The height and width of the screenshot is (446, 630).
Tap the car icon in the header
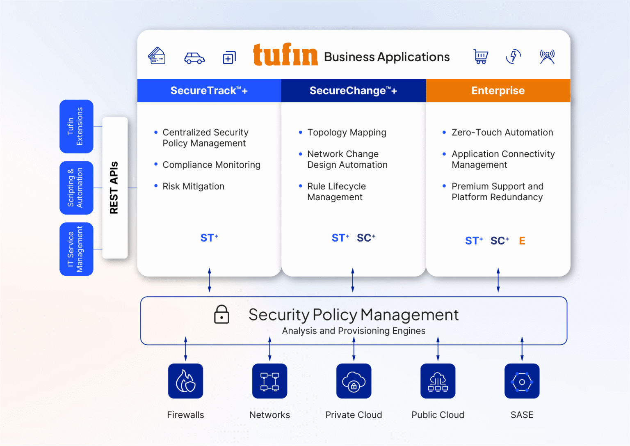point(194,58)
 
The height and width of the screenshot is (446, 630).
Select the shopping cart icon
point(481,56)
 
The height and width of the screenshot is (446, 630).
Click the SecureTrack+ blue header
point(209,91)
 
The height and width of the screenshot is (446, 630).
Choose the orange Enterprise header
point(498,91)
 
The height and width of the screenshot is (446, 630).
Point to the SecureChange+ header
point(353,91)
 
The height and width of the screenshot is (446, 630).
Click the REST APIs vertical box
point(115,188)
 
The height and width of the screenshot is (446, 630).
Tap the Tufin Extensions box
point(76,126)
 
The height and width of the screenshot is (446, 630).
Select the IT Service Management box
point(76,249)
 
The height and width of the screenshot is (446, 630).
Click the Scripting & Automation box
point(76,188)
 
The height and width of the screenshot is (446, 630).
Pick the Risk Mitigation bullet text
point(193,186)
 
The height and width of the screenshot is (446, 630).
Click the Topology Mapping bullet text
point(347,133)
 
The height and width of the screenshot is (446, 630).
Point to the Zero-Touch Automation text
point(502,133)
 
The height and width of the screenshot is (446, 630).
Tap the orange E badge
point(522,241)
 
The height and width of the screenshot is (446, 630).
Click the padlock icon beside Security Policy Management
point(221,314)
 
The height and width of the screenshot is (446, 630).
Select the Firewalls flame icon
point(185,381)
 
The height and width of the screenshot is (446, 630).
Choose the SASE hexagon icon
point(522,381)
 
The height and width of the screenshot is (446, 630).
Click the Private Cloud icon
point(354,381)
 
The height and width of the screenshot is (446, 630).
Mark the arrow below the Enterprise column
point(498,280)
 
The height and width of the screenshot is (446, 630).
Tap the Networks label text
point(269,415)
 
